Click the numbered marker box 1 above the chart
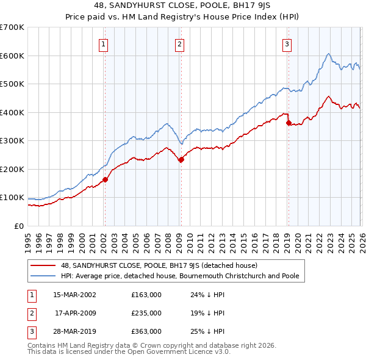pos(104,44)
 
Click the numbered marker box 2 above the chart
pos(180,44)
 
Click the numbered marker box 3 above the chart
pos(287,44)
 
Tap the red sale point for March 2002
pos(105,179)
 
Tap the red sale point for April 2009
pos(181,159)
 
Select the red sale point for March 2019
pos(288,123)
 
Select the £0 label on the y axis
pos(20,226)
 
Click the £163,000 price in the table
pos(146,295)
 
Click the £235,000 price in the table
pos(146,313)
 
